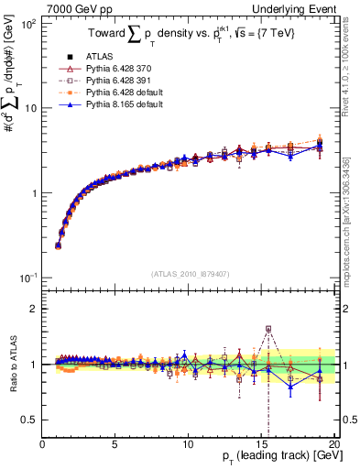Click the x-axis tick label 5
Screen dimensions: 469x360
point(115,444)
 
